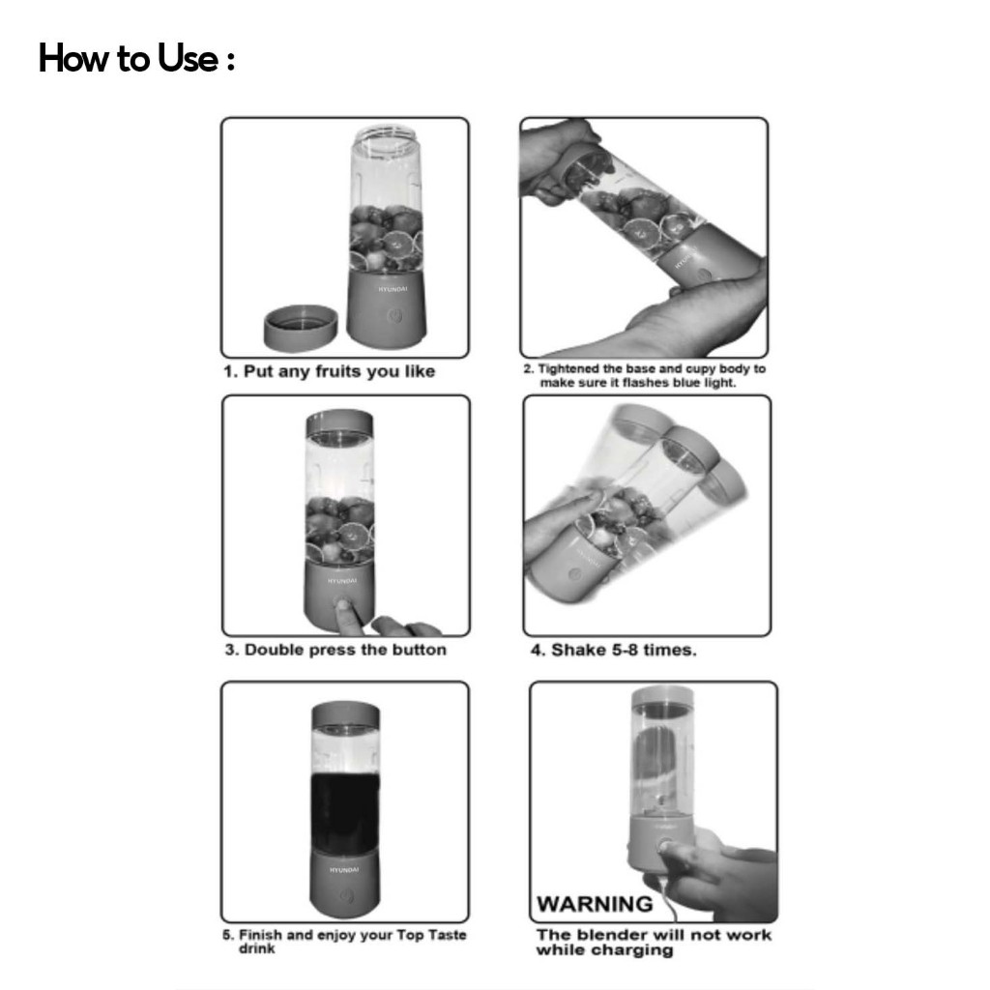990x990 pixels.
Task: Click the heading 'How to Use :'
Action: [136, 59]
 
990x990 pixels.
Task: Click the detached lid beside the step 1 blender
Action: [301, 328]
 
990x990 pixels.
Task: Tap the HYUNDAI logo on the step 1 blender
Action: [393, 289]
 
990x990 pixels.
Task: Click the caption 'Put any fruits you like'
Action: [339, 371]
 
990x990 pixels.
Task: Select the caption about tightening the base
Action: [644, 376]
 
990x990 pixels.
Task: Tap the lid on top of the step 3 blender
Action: [339, 423]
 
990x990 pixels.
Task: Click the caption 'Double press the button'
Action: [345, 650]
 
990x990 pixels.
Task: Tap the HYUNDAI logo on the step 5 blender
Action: [344, 870]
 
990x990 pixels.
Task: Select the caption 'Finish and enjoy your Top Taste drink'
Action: [345, 942]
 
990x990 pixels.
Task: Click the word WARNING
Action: [595, 904]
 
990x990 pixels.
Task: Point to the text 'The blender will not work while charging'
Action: [654, 943]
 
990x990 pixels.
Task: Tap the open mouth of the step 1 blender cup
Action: [387, 134]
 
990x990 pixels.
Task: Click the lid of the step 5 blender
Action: [345, 715]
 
